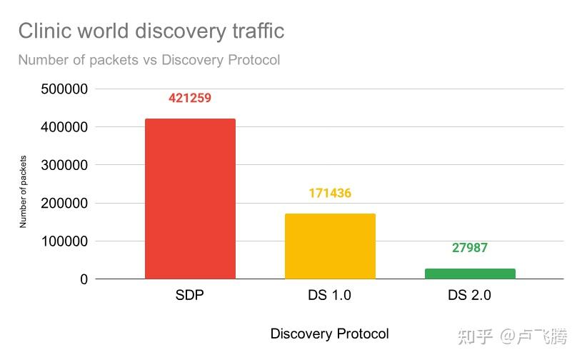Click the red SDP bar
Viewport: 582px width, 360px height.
point(190,199)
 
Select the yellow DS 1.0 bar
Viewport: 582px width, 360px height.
point(330,246)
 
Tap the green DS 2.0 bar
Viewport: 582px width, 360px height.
point(470,274)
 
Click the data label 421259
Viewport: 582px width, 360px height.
point(190,98)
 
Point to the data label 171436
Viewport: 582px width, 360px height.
point(330,193)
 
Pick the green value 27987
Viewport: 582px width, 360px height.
point(470,248)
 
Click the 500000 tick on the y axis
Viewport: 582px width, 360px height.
point(64,89)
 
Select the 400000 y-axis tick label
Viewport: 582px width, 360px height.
point(64,127)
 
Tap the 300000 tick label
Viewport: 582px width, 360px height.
point(64,165)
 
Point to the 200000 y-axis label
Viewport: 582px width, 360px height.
point(64,204)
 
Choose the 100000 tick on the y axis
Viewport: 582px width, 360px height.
point(64,241)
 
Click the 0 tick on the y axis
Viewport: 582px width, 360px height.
point(84,279)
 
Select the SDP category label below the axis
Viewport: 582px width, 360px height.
point(190,295)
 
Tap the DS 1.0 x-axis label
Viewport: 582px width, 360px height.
point(330,295)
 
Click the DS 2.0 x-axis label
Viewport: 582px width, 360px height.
point(470,295)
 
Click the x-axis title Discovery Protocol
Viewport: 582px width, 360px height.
point(330,334)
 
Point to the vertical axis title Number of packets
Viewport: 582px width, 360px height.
point(23,191)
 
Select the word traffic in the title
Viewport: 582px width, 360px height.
point(259,31)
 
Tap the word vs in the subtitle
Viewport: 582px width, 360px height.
point(150,60)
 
